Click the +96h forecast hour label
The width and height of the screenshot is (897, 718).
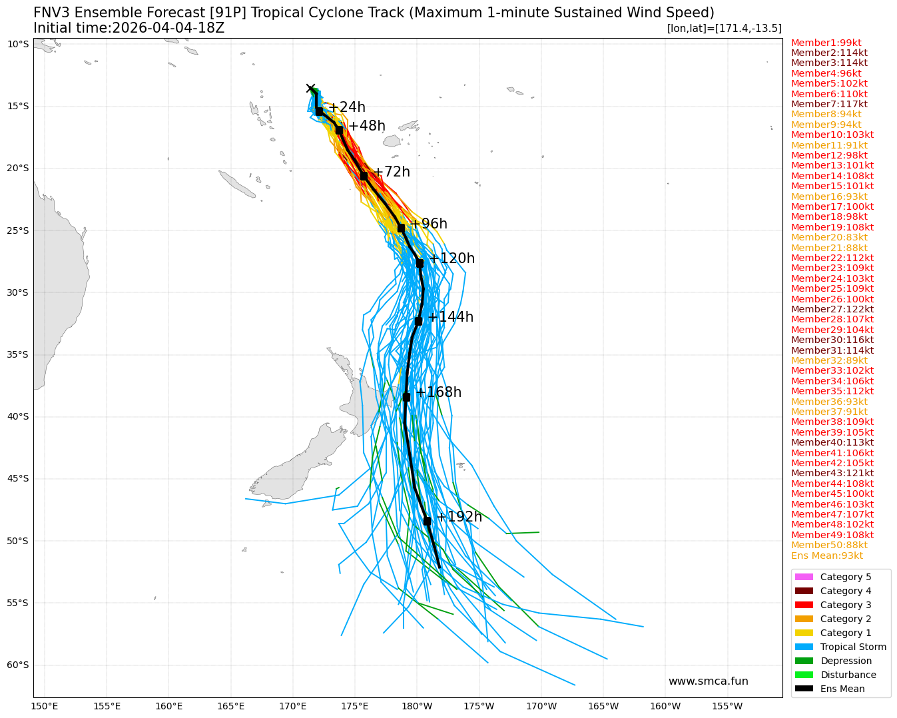click(x=428, y=224)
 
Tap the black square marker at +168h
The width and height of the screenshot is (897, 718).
click(x=406, y=397)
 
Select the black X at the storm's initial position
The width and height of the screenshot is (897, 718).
click(x=310, y=89)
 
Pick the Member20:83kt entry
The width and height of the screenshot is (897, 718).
click(x=829, y=237)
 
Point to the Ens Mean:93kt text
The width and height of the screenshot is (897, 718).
click(x=826, y=555)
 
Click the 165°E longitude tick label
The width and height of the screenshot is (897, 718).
click(x=230, y=706)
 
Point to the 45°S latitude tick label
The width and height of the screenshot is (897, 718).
click(x=18, y=478)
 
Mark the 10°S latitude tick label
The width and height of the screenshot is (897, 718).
click(x=18, y=44)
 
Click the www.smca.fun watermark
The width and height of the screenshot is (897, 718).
click(x=708, y=681)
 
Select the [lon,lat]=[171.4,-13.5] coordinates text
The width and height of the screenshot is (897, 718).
click(x=724, y=28)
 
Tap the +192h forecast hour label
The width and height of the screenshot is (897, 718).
click(x=459, y=517)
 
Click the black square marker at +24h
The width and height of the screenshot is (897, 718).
click(x=319, y=111)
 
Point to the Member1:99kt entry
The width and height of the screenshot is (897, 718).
click(x=826, y=43)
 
